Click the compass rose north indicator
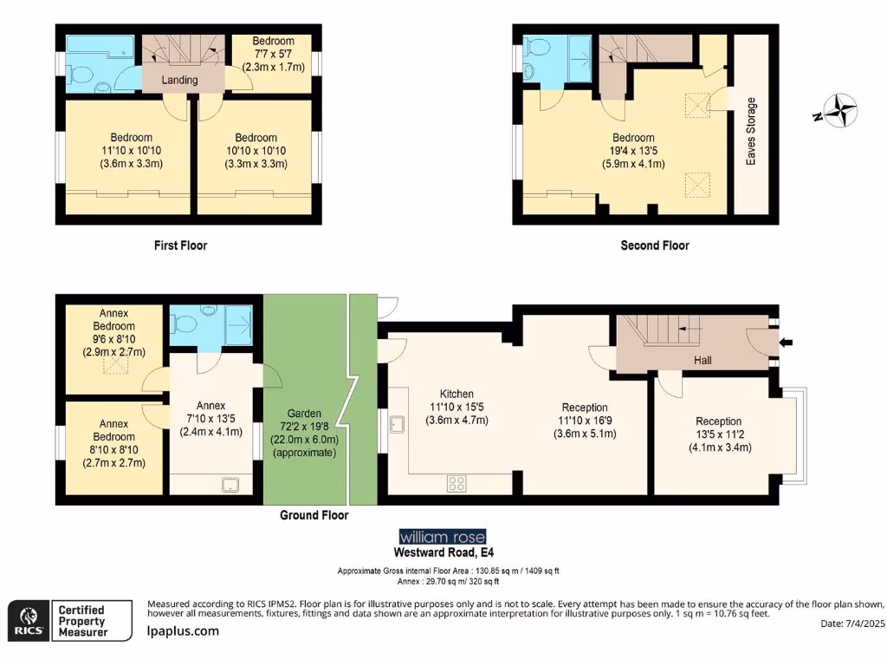[838, 111]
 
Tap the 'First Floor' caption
[180, 245]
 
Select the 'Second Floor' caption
[655, 245]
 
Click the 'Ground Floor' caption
[314, 515]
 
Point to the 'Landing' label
[180, 80]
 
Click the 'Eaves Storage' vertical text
[751, 132]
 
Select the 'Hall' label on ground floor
[702, 360]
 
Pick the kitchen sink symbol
[398, 424]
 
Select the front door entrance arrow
[787, 343]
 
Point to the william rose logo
[442, 536]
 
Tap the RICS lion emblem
[27, 621]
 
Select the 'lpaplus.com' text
[183, 631]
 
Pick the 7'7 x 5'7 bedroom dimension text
[273, 54]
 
